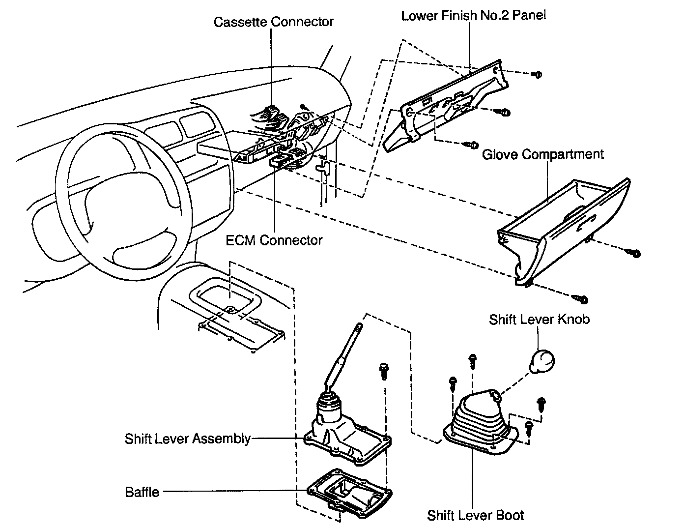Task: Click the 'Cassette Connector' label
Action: coord(274,22)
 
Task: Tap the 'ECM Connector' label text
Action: coord(274,240)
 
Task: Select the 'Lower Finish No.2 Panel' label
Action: coord(473,15)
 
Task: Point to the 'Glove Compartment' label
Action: coord(542,154)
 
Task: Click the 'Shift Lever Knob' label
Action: coord(539,320)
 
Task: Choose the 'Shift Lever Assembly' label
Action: coord(187,439)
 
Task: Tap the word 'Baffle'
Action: coord(142,492)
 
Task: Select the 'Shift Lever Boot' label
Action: coord(475,515)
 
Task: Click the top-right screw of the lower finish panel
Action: coord(537,75)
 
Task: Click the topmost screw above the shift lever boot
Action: coord(472,359)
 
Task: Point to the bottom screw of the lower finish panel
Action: coord(473,145)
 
